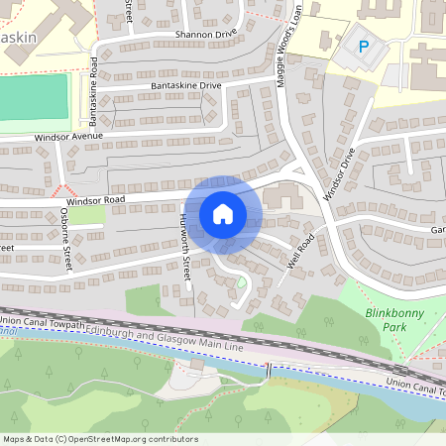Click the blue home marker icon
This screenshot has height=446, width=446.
223,214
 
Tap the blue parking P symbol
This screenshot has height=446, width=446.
363,46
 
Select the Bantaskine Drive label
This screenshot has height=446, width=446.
185,86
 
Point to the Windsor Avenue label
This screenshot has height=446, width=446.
68,136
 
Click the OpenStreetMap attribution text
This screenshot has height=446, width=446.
100,439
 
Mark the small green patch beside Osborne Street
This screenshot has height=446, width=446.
87,213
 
